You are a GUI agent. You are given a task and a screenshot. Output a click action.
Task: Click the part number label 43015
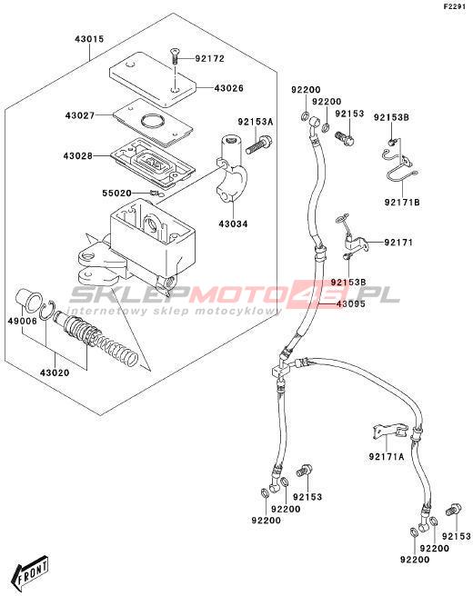(x=89, y=39)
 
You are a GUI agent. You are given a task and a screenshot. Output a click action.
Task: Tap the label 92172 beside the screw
(x=210, y=58)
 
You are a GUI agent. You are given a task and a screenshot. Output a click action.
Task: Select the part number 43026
(x=228, y=88)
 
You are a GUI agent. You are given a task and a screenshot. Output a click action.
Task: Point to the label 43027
(x=79, y=115)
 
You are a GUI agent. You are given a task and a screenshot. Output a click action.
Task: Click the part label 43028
(x=78, y=156)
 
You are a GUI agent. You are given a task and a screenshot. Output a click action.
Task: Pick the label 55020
(x=116, y=194)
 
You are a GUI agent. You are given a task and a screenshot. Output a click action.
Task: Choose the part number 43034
(x=233, y=224)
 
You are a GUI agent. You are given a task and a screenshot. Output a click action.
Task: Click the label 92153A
(x=256, y=122)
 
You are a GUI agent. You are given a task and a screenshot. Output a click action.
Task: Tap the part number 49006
(x=23, y=322)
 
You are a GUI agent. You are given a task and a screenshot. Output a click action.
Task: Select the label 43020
(x=55, y=372)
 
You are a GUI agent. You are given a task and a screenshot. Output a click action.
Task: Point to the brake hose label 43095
(x=350, y=303)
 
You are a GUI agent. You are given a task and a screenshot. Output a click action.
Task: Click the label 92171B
(x=402, y=203)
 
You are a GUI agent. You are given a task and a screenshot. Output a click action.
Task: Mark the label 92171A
(x=387, y=456)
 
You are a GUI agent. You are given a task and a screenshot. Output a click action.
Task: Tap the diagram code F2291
(x=455, y=6)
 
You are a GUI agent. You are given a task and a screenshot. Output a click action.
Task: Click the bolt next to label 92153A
(x=258, y=144)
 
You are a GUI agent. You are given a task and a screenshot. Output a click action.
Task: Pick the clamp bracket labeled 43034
(x=231, y=167)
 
